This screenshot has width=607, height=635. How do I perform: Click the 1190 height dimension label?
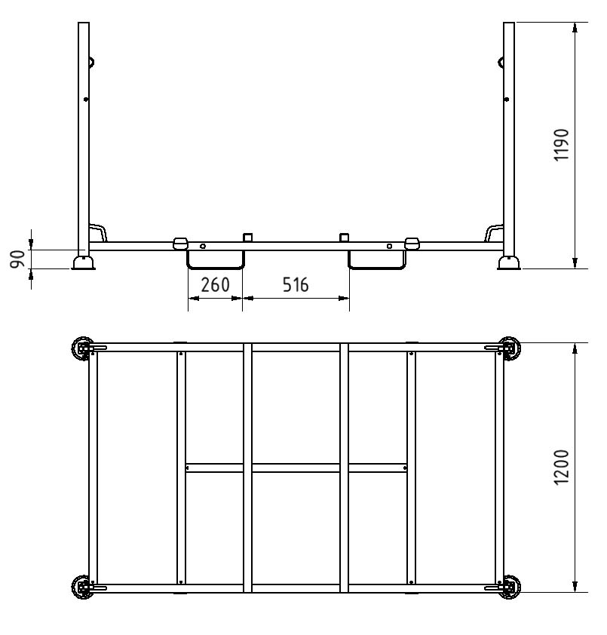click(562, 145)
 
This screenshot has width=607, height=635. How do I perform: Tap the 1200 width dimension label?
click(562, 468)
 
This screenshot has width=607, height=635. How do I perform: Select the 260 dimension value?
click(215, 285)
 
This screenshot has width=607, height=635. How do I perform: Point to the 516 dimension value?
click(295, 285)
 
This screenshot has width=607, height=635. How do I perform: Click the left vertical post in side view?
click(84, 136)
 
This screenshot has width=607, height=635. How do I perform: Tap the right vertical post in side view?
click(509, 136)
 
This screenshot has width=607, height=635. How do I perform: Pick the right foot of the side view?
click(508, 262)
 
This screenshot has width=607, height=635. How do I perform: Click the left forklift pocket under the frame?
click(216, 259)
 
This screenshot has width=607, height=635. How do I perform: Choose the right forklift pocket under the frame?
click(376, 259)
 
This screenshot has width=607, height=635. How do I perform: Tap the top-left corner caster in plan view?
click(82, 349)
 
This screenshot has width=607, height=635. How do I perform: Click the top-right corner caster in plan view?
click(510, 349)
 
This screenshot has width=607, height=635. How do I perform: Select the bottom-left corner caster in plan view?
click(82, 586)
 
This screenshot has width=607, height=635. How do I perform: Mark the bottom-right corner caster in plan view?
click(510, 586)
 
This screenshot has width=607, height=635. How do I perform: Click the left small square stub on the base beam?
click(247, 238)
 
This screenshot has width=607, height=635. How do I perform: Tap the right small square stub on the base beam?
click(345, 238)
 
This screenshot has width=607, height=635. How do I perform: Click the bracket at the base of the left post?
click(99, 232)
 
